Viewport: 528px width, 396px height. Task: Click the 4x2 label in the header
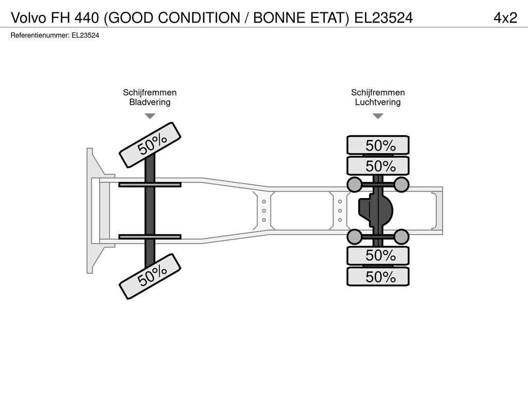coord(505,18)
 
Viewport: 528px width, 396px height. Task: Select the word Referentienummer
coord(40,36)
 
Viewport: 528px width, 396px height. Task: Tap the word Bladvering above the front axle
coord(150,102)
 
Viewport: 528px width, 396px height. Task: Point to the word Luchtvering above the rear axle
coord(378,102)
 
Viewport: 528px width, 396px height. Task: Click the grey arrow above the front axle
coord(150,116)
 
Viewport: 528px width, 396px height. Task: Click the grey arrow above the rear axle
coord(378,116)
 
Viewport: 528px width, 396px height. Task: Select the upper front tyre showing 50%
coord(150,145)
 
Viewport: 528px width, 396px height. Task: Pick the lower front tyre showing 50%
coord(150,276)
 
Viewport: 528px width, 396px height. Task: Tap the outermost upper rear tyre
coord(378,145)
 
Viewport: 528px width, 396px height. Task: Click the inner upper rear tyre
coord(378,166)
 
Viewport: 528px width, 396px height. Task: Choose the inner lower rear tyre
coord(378,255)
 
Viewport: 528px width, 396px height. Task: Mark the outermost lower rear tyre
coord(378,276)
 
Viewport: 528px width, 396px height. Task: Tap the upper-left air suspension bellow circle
coord(354,185)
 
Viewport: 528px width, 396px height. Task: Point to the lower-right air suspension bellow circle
coord(401,237)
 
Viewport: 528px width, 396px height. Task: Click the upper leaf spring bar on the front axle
coord(150,185)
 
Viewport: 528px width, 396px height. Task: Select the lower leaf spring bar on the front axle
coord(150,237)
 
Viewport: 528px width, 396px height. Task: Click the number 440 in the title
coord(87,18)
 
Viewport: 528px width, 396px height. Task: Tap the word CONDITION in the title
coord(199,18)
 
